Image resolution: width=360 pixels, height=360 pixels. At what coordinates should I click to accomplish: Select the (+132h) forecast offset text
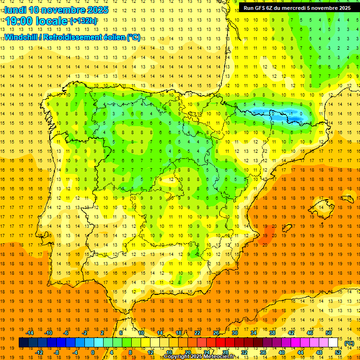(83, 21)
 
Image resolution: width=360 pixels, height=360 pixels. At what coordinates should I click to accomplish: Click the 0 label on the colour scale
(92, 352)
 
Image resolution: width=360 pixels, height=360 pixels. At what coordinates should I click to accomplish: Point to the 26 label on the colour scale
(216, 332)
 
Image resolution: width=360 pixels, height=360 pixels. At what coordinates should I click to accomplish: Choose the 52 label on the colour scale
(338, 352)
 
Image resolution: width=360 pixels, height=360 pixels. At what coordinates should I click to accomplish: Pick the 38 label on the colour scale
(272, 332)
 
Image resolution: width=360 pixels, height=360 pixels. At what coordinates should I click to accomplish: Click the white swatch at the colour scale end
(333, 343)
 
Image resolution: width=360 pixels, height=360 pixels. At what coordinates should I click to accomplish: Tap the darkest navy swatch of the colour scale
(23, 343)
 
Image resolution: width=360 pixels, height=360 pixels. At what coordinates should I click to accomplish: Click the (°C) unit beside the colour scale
(349, 343)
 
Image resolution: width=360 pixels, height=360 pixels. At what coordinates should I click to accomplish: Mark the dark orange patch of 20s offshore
(268, 233)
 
